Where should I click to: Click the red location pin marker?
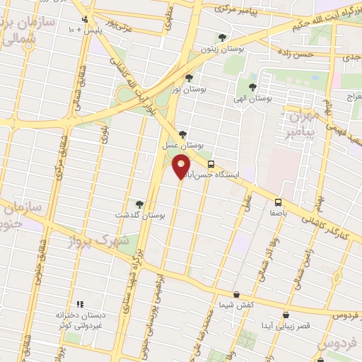click(181, 166)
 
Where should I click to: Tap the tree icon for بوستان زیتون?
click(223, 37)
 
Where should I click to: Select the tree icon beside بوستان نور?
click(189, 78)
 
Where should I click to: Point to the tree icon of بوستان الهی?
click(252, 88)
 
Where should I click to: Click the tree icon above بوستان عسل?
click(183, 134)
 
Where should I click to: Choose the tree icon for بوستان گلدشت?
click(139, 205)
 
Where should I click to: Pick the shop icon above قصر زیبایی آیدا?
click(286, 315)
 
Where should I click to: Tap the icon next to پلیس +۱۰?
click(86, 20)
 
